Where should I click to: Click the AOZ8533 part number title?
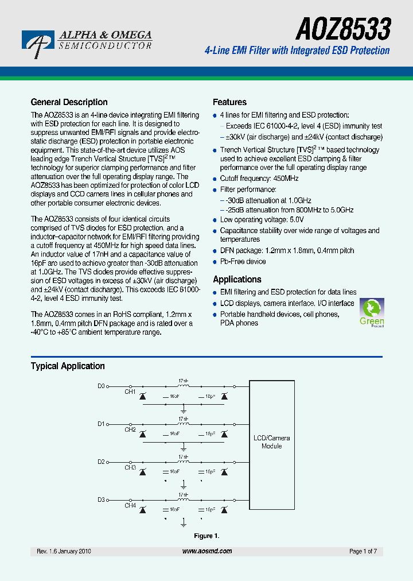(x=344, y=28)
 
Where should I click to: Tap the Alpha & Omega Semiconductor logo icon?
(x=38, y=44)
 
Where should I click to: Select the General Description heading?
(x=69, y=102)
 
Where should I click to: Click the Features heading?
(x=229, y=102)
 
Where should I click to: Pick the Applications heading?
(x=237, y=280)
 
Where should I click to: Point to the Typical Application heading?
(x=68, y=366)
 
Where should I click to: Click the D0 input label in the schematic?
(x=101, y=386)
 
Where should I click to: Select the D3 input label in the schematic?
(x=101, y=499)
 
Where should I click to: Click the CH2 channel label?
(x=130, y=429)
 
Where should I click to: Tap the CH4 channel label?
(x=130, y=506)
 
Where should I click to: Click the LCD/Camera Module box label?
(x=272, y=442)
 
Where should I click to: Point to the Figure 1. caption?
(x=206, y=536)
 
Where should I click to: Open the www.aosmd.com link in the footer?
(x=207, y=551)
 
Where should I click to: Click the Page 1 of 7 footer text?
(x=363, y=551)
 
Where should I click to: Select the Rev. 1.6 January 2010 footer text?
(x=64, y=551)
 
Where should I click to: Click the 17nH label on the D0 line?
(x=183, y=381)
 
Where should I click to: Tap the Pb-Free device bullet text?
(x=243, y=262)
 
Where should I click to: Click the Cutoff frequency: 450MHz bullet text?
(x=259, y=179)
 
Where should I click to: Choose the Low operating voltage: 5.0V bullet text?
(x=262, y=220)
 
